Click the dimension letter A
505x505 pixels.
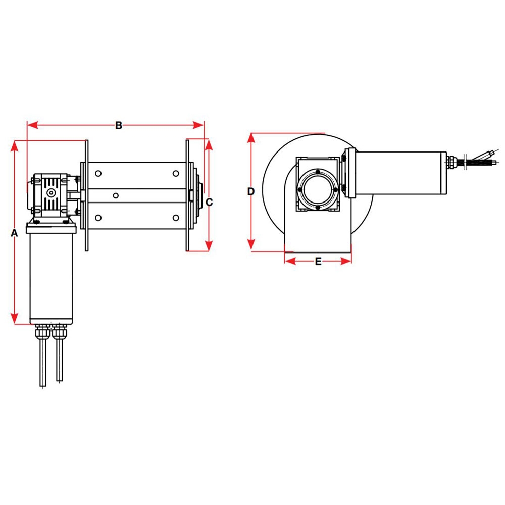click(x=14, y=233)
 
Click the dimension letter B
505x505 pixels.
click(x=119, y=125)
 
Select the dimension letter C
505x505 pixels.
click(x=210, y=202)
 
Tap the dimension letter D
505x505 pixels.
click(x=251, y=191)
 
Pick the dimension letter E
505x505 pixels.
click(x=318, y=261)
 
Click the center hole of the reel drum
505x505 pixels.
click(x=116, y=195)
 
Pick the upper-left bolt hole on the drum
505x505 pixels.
click(x=98, y=174)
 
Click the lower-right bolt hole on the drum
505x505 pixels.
click(x=175, y=218)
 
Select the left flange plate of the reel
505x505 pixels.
click(x=87, y=195)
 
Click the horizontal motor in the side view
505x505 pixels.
click(x=399, y=172)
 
